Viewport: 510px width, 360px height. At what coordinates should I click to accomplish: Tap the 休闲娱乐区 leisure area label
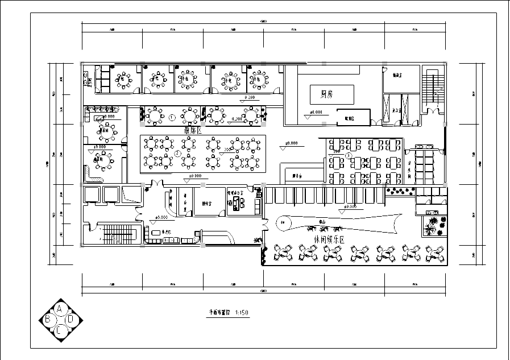[x=337, y=239]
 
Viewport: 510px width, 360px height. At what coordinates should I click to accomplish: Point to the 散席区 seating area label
[x=193, y=130]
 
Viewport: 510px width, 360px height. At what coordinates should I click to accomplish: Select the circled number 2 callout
[x=177, y=154]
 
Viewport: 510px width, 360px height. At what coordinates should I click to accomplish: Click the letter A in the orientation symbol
[x=59, y=309]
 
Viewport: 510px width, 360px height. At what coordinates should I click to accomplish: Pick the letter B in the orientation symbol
[x=48, y=320]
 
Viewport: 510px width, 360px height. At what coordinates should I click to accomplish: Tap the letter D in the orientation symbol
[x=71, y=320]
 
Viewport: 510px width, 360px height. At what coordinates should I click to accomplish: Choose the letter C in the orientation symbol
[x=59, y=330]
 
